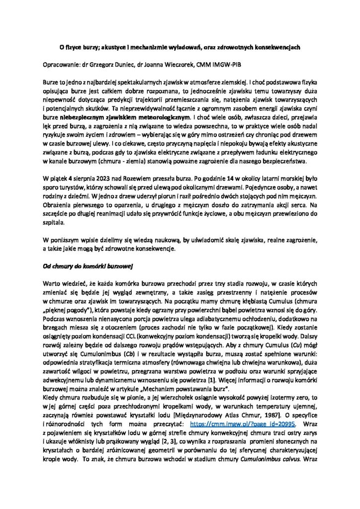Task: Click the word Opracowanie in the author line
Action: point(58,64)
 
